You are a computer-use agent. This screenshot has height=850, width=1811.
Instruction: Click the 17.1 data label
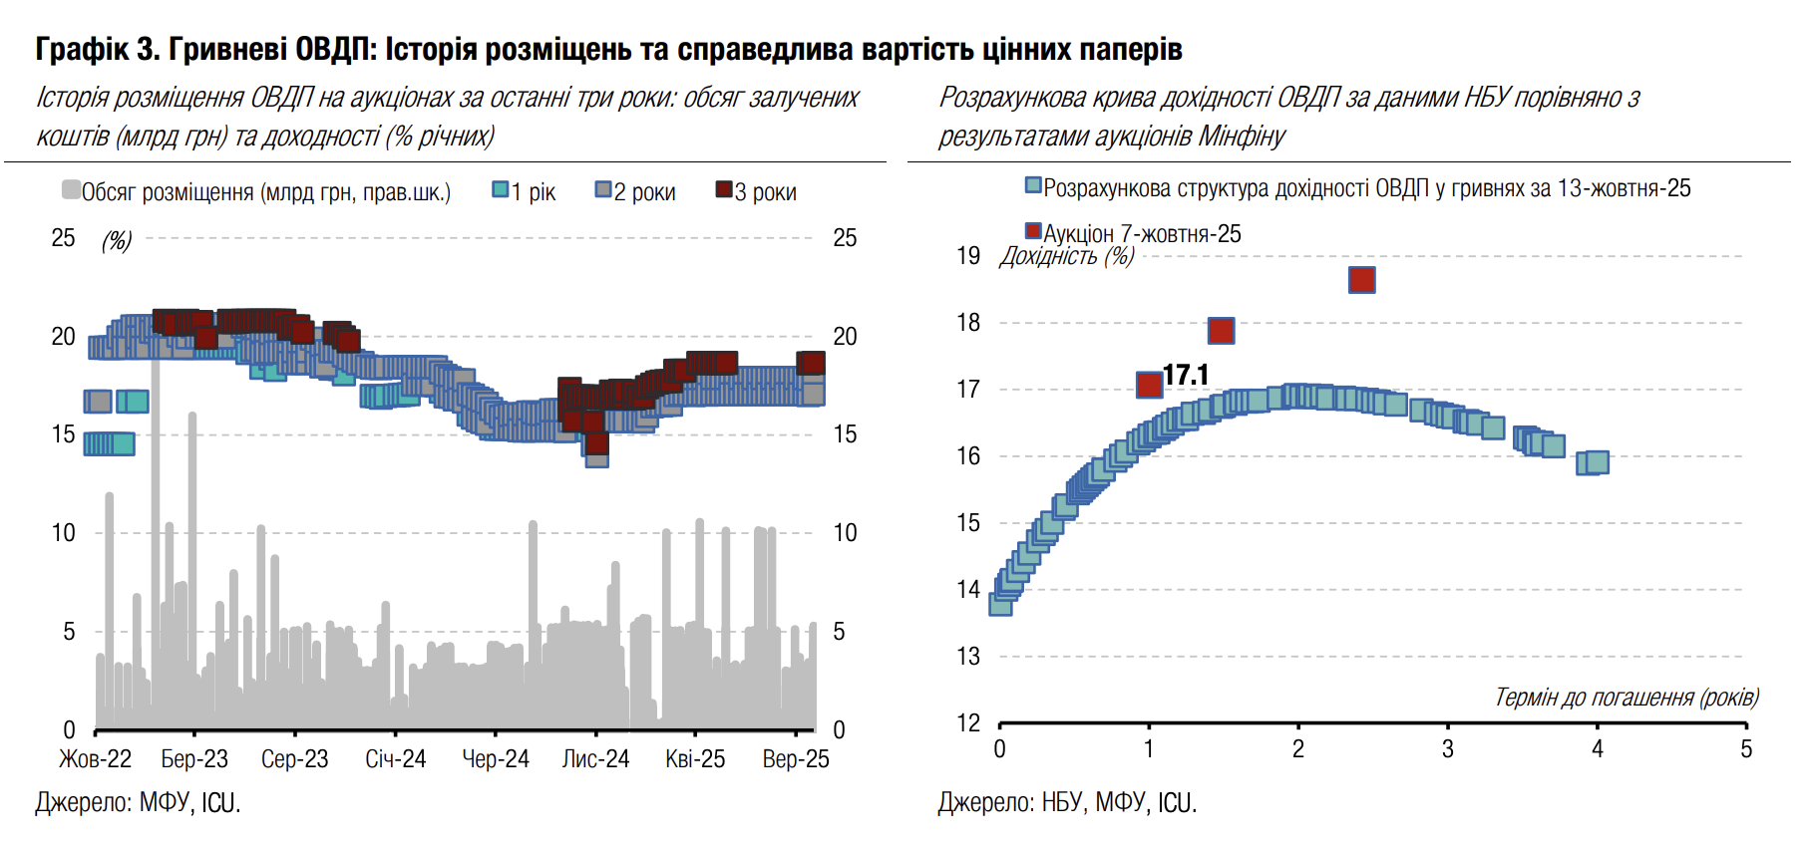coord(1186,375)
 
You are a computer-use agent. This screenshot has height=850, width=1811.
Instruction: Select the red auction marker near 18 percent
coord(1221,330)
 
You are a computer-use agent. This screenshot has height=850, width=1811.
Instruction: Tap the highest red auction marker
coord(1361,280)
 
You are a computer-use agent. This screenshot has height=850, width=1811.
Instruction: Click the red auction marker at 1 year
coord(1149,384)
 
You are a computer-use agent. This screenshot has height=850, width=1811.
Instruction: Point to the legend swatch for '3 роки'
coord(724,189)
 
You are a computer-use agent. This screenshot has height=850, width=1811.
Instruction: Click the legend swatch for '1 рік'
coord(501,189)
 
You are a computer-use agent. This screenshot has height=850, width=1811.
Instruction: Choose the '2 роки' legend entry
coord(636,191)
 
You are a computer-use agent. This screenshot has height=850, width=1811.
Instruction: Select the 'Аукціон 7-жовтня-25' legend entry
coord(1133,233)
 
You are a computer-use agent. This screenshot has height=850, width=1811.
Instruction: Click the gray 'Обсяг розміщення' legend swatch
coord(71,189)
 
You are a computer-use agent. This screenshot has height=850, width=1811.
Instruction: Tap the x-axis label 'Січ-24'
coord(395,759)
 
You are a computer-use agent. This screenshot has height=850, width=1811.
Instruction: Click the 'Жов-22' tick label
coord(95,759)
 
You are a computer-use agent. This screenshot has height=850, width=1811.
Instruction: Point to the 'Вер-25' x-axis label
coord(796,759)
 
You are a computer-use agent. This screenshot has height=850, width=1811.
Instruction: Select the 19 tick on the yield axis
coord(968,256)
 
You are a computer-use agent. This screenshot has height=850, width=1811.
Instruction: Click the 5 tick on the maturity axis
coord(1746,749)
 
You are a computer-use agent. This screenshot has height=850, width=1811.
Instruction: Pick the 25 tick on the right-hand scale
coord(845,238)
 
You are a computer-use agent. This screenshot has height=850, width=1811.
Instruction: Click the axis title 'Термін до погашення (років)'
coord(1626,698)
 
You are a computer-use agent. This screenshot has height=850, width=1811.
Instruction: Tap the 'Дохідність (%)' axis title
coord(1067,256)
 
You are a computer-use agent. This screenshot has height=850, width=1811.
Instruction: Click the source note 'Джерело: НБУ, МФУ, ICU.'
coord(1067,803)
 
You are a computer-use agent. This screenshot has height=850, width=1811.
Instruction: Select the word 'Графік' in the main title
coord(82,49)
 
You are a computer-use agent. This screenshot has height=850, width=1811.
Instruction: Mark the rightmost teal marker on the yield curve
coord(1597,461)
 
